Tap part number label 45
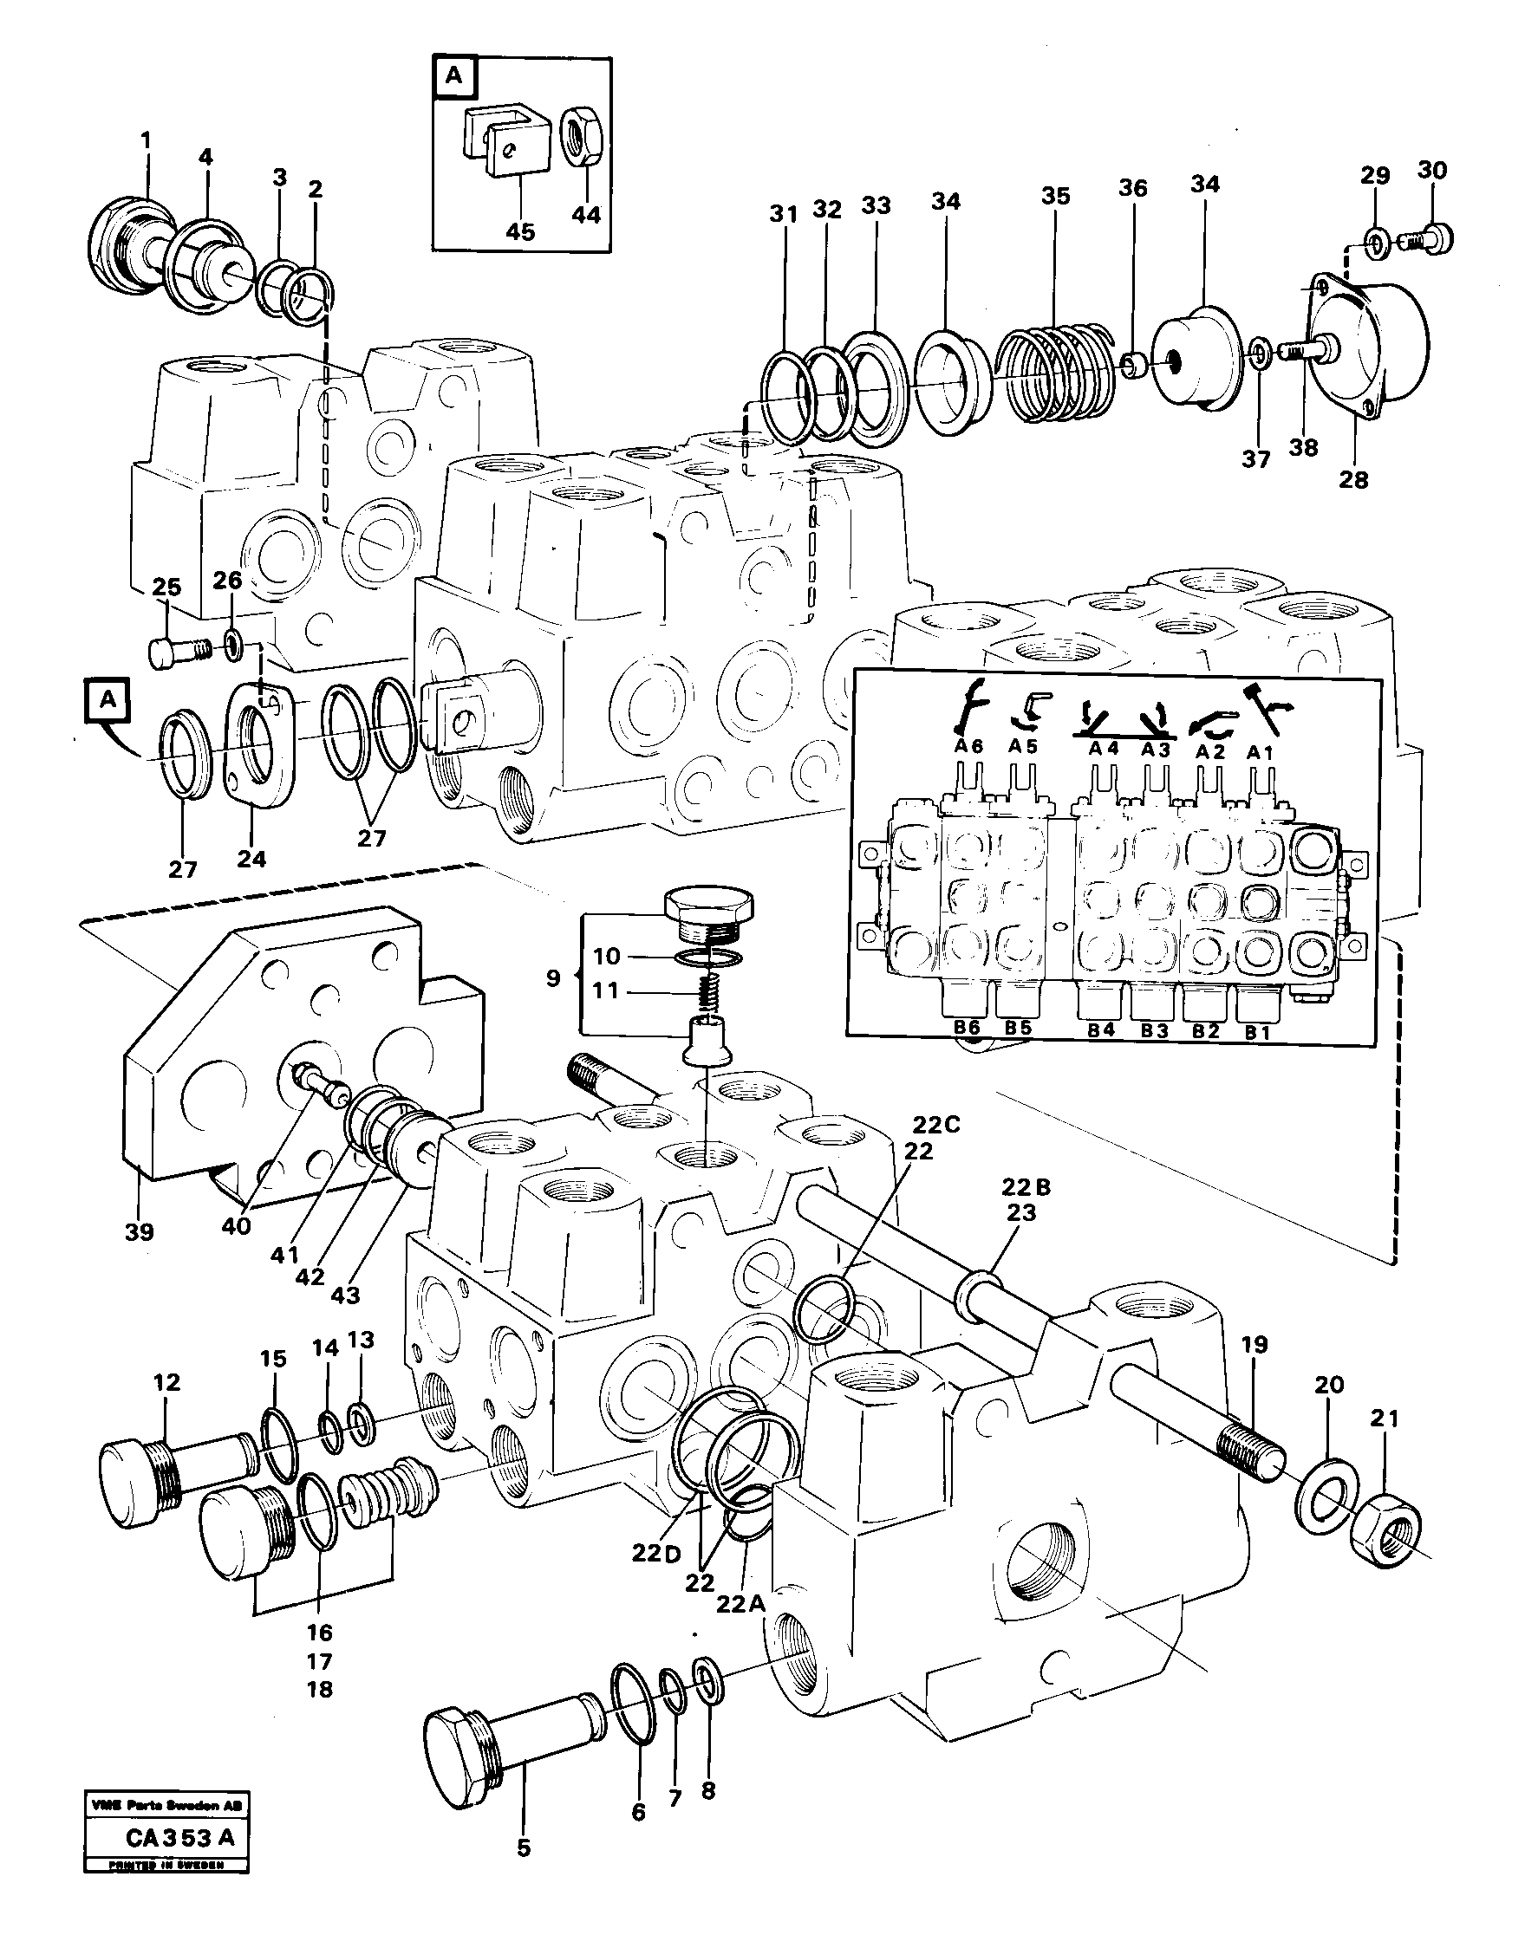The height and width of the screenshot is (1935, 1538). tap(520, 231)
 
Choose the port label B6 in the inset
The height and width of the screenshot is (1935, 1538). tap(967, 1027)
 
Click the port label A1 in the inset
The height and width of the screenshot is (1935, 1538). tap(1261, 752)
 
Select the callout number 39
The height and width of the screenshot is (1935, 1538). tap(140, 1231)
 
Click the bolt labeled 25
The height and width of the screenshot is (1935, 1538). tap(178, 650)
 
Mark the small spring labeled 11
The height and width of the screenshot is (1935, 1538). tap(712, 990)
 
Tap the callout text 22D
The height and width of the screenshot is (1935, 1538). tap(656, 1554)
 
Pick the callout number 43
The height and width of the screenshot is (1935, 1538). tap(345, 1295)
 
